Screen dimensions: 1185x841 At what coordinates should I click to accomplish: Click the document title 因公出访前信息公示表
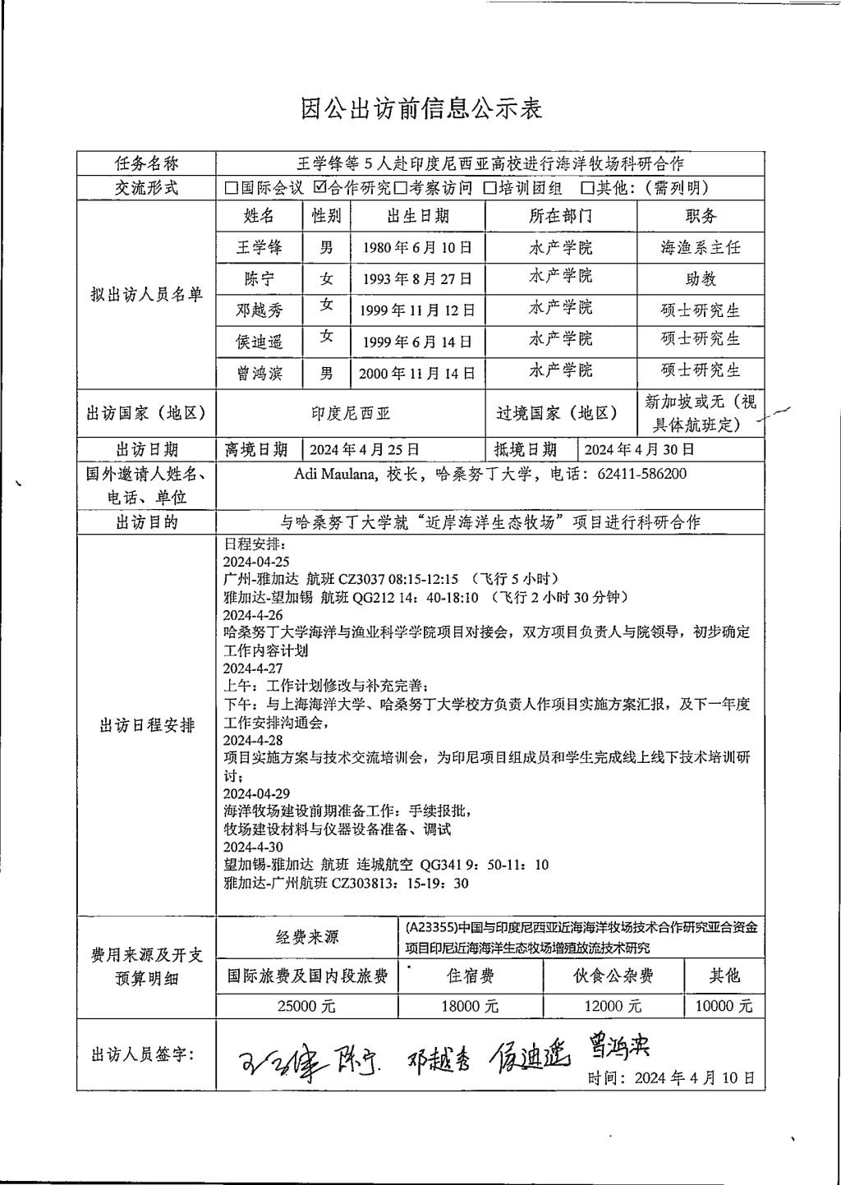421,108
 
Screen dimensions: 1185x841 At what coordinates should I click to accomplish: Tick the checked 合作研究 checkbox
320,187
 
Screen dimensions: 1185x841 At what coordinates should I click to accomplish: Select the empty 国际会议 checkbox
232,188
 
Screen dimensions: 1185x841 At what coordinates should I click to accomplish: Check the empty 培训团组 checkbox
490,188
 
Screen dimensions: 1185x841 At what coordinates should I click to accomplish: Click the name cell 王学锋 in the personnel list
259,247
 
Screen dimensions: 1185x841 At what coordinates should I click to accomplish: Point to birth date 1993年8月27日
417,278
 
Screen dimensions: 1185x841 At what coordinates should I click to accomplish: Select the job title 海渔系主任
701,247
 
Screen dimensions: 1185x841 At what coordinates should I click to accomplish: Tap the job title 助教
701,278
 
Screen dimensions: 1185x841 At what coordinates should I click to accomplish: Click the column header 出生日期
417,216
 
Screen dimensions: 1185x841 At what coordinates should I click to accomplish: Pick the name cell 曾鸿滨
259,374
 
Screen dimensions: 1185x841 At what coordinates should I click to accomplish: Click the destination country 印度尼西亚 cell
351,413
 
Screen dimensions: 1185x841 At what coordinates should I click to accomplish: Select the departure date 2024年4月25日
364,449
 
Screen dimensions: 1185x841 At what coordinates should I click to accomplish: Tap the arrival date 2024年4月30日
639,449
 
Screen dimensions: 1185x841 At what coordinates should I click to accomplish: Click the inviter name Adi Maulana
333,474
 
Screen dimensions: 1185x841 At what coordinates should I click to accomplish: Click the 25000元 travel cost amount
306,1006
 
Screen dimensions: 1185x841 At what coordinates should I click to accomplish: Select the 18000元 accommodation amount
469,1006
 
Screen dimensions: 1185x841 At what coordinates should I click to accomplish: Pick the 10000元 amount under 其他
723,1006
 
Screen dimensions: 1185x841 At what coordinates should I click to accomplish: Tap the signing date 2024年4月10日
694,1078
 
